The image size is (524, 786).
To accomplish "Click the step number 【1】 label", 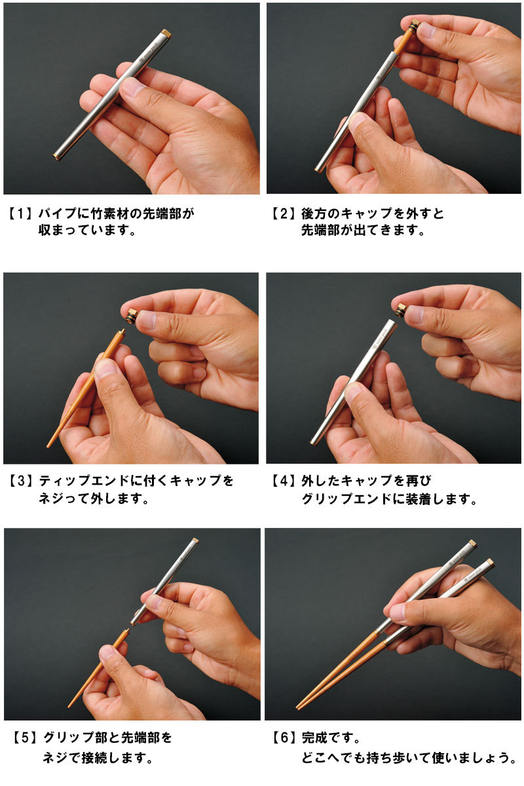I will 20,214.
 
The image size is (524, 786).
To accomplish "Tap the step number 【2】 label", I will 284,214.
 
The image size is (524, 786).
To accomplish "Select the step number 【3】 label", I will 20,481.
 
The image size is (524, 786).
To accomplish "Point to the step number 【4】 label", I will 284,481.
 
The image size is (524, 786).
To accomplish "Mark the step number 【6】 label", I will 284,738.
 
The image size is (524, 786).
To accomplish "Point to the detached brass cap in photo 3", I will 132,316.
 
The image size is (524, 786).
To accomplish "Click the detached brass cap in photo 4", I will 400,310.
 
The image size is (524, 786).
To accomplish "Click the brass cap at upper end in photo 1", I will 166,33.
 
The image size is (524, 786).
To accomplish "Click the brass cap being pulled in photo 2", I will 414,27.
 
